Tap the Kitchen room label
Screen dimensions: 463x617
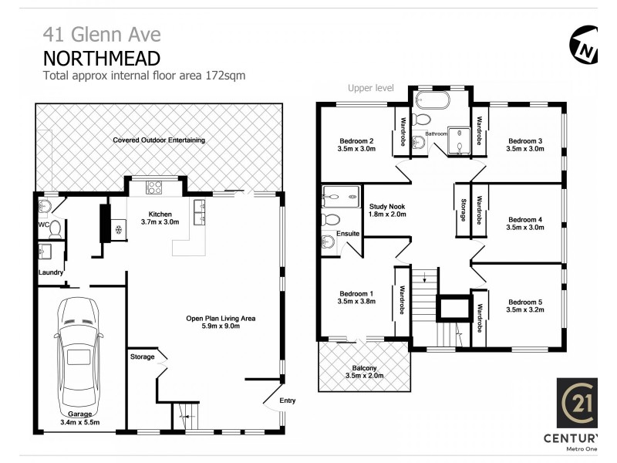pyautogui.click(x=160, y=214)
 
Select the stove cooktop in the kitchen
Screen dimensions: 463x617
pyautogui.click(x=153, y=186)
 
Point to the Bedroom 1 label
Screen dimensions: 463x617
pyautogui.click(x=356, y=293)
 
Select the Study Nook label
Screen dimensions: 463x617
pyautogui.click(x=387, y=207)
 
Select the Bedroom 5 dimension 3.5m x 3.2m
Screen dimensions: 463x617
pyautogui.click(x=525, y=312)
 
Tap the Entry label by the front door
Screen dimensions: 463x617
pyautogui.click(x=287, y=400)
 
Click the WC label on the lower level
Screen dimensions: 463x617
pyautogui.click(x=43, y=225)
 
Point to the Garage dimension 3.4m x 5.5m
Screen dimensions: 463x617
pyautogui.click(x=80, y=422)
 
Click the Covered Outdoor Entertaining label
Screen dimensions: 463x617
pyautogui.click(x=159, y=140)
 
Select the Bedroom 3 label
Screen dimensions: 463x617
pyautogui.click(x=525, y=140)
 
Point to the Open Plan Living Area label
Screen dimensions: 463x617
pyautogui.click(x=220, y=318)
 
